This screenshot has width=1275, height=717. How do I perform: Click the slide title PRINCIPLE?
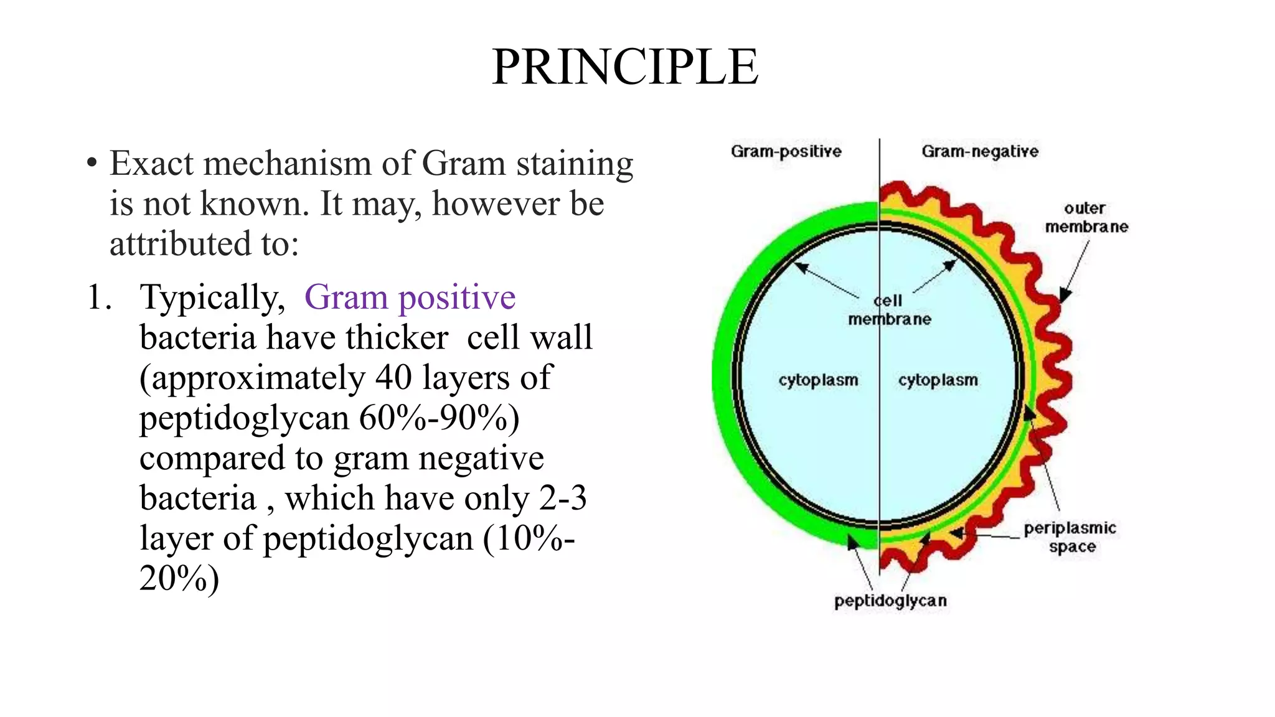click(x=624, y=67)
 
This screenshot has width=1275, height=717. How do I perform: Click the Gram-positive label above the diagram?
click(x=786, y=151)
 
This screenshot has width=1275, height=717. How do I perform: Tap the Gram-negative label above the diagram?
click(x=980, y=151)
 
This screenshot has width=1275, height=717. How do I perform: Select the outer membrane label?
click(x=1086, y=217)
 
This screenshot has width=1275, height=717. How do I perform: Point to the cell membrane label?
click(x=890, y=310)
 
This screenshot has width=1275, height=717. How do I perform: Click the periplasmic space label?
click(x=1070, y=537)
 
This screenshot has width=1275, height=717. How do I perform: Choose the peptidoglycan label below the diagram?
click(x=890, y=601)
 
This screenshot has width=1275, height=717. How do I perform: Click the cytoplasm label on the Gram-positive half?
click(x=818, y=380)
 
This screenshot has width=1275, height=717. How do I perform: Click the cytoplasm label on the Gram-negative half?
click(x=938, y=380)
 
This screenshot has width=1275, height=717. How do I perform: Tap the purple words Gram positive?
click(x=410, y=297)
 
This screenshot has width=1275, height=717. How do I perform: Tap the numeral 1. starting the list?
click(x=99, y=297)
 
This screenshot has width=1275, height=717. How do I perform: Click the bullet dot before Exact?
click(x=92, y=164)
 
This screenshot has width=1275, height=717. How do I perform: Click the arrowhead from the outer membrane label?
click(x=1065, y=295)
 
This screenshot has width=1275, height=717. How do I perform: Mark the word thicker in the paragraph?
click(x=397, y=337)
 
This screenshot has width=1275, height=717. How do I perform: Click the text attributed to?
click(x=204, y=244)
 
